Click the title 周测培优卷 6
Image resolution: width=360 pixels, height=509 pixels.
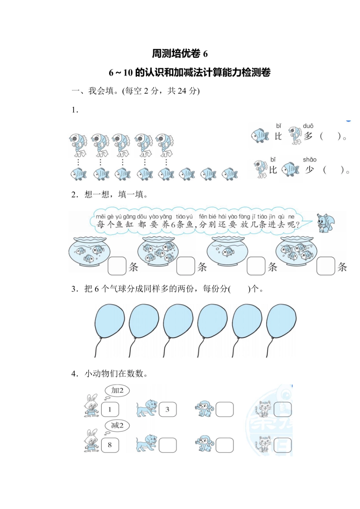(180, 54)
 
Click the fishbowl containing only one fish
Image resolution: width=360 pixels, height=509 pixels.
(227, 252)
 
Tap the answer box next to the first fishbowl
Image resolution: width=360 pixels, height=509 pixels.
(117, 266)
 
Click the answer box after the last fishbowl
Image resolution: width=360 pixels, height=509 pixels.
(326, 266)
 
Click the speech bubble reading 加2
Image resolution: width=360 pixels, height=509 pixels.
(117, 390)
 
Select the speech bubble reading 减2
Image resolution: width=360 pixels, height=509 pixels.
(117, 425)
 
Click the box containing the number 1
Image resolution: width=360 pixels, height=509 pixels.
(110, 409)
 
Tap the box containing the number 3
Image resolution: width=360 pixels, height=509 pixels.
(167, 409)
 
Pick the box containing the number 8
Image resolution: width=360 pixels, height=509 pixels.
(110, 445)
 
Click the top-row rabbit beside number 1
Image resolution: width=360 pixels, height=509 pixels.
(91, 406)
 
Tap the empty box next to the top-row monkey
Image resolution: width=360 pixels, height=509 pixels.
(224, 409)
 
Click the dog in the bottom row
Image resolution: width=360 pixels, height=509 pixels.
(146, 443)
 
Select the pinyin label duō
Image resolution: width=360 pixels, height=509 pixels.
(308, 126)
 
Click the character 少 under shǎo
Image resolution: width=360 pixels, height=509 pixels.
(310, 170)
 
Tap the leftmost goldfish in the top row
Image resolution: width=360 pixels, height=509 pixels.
(78, 144)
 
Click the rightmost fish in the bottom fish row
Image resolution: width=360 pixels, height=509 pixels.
(230, 174)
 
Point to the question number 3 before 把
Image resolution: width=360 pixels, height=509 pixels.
(74, 289)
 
